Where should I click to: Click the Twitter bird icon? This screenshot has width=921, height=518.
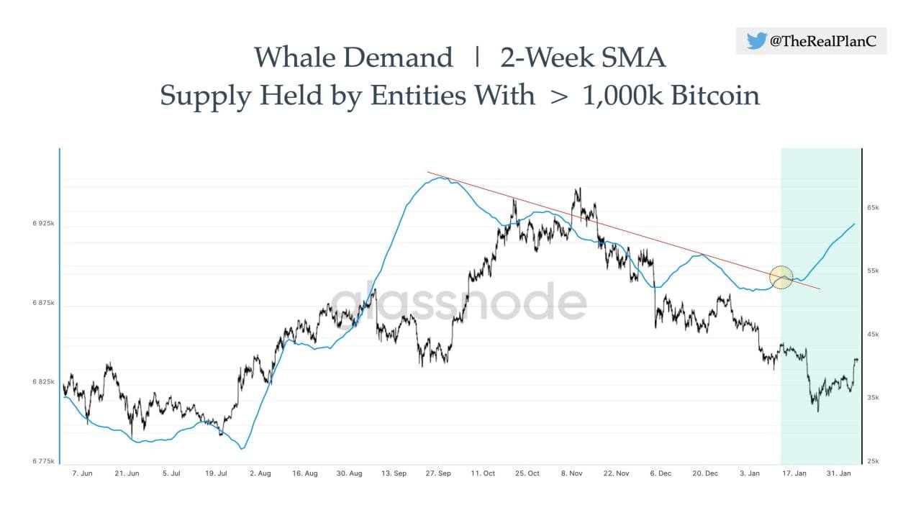756,41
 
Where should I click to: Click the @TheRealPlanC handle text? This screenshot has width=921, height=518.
823,42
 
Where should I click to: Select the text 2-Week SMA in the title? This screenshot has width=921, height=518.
583,57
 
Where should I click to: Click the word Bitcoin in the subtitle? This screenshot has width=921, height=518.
715,95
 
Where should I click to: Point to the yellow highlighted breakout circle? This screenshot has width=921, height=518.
781,277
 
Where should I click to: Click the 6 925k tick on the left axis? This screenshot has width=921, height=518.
43,224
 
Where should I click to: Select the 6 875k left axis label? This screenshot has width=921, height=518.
43,303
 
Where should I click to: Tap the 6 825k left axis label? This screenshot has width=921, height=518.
43,381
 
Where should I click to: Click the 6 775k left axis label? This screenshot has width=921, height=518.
43,460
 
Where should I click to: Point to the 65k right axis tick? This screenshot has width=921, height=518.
873,207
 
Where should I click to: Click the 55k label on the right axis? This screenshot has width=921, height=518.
873,271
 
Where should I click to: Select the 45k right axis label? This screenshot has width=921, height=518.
873,334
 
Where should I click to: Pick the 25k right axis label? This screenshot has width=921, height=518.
873,460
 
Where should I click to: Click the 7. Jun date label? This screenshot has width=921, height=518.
82,473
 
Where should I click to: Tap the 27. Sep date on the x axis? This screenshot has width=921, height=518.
438,473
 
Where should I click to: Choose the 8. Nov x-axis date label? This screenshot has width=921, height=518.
571,473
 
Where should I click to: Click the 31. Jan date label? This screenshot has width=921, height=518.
838,473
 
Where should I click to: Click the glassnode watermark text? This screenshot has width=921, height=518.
458,301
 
